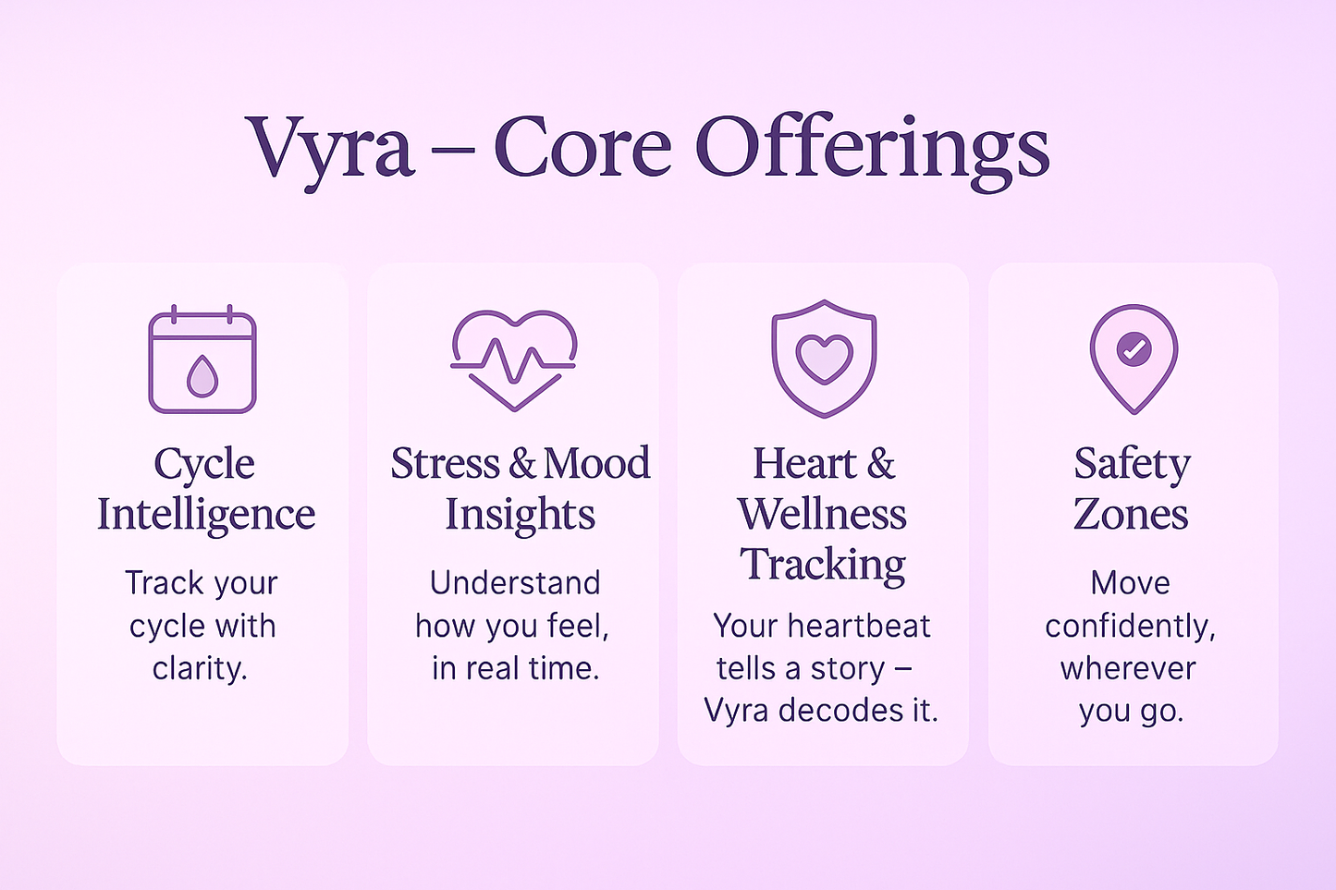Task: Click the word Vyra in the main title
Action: pyautogui.click(x=330, y=148)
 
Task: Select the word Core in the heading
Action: pyautogui.click(x=582, y=148)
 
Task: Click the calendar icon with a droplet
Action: pyautogui.click(x=202, y=360)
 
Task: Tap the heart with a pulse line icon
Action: pyautogui.click(x=514, y=360)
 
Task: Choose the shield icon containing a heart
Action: pyautogui.click(x=824, y=358)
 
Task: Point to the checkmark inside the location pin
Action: pyautogui.click(x=1134, y=349)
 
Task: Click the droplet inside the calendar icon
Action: pyautogui.click(x=202, y=376)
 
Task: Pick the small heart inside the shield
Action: pyautogui.click(x=824, y=358)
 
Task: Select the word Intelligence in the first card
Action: pyautogui.click(x=206, y=514)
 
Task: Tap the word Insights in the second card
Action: pyautogui.click(x=520, y=514)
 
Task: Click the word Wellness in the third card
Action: pyautogui.click(x=822, y=514)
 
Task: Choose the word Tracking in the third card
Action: pyautogui.click(x=823, y=565)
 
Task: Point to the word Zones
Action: pyautogui.click(x=1131, y=514)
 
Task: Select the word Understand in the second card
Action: pyautogui.click(x=515, y=582)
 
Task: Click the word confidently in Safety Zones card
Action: pyautogui.click(x=1130, y=627)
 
